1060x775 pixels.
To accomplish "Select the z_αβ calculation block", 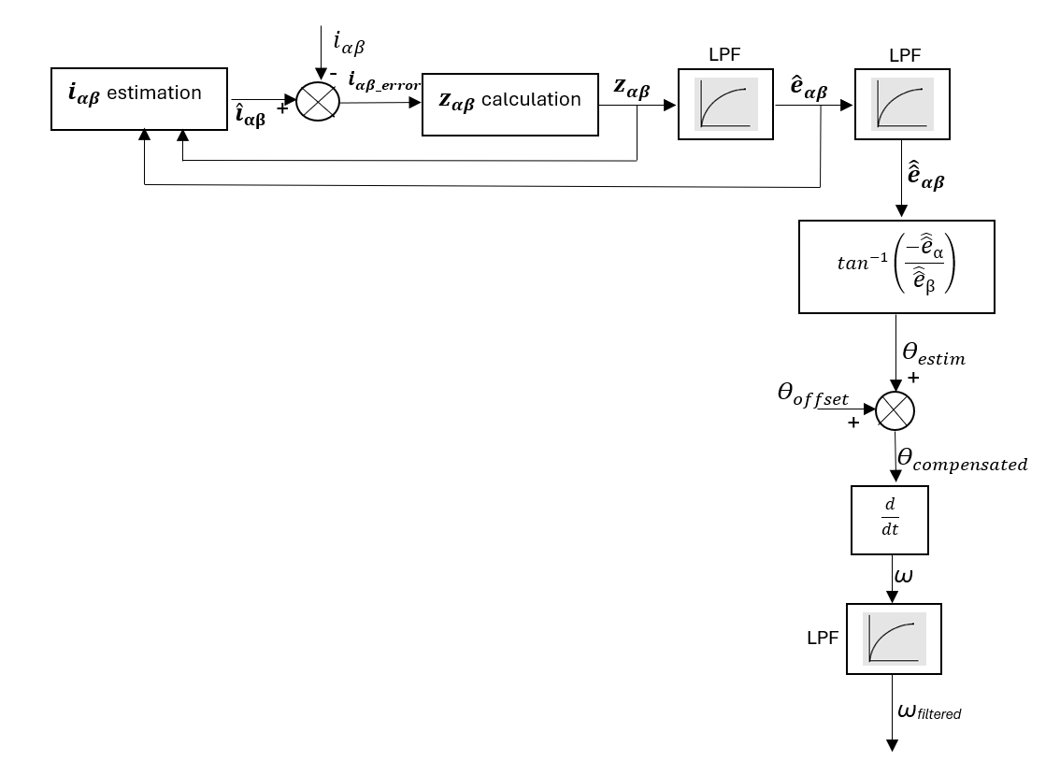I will click(x=509, y=100).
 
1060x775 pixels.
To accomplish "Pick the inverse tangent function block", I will click(x=895, y=266).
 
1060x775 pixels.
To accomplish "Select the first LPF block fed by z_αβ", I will click(x=725, y=103).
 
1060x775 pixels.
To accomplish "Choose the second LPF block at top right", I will click(x=902, y=103).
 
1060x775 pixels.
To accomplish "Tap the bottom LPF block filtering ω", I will click(x=894, y=639).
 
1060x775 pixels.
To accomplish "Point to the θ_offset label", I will click(x=813, y=395).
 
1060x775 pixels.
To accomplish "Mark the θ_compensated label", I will click(x=962, y=460).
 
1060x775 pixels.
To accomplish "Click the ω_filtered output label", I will click(x=928, y=712).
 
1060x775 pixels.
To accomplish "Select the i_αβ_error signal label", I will click(x=384, y=82).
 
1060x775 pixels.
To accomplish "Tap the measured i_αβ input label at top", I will click(x=349, y=41).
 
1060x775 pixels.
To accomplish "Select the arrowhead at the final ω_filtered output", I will click(x=894, y=745).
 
